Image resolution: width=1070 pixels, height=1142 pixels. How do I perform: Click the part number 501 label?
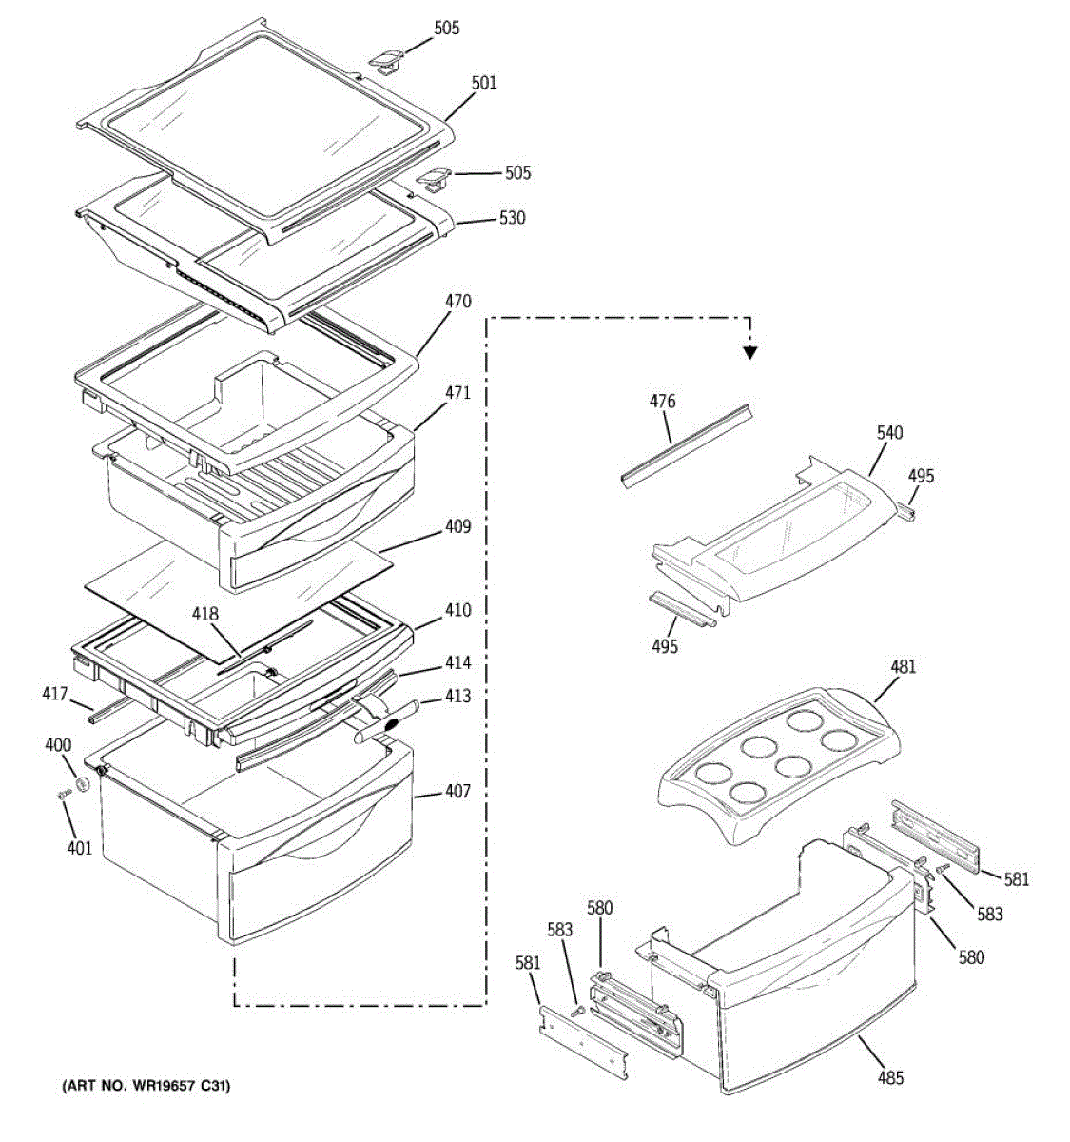coord(483,84)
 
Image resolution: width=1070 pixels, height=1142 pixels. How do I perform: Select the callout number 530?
coord(512,218)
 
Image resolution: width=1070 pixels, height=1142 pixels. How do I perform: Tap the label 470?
coord(457,302)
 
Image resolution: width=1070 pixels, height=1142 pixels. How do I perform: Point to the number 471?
coord(457,392)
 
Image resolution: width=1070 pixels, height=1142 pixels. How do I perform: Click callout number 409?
coord(457,526)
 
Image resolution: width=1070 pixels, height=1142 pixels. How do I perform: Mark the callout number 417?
coord(54,694)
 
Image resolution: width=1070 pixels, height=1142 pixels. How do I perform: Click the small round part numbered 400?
coord(83,783)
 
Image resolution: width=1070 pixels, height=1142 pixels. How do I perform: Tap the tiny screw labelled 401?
coord(65,793)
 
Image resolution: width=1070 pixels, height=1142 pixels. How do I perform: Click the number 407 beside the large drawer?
coord(457,791)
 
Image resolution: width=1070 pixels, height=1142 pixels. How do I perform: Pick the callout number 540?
coord(889,433)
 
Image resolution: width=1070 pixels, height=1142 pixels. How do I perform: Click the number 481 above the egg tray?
coord(903,666)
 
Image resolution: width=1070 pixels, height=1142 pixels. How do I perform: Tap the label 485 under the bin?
coord(890,1077)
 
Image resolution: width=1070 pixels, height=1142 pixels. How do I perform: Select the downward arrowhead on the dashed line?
coord(750,353)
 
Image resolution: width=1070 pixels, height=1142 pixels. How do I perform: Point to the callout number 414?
coord(457,663)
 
